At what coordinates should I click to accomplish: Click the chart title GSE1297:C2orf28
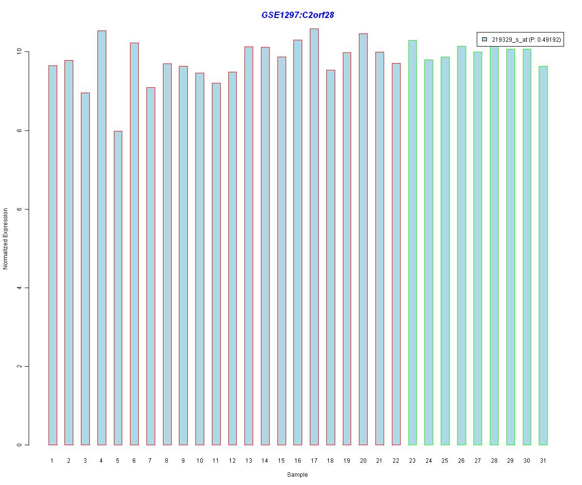click(x=297, y=15)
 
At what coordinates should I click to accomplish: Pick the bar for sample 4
click(x=101, y=238)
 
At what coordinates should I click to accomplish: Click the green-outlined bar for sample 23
click(x=412, y=242)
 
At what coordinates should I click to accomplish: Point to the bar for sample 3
click(x=85, y=269)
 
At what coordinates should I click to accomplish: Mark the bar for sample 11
click(x=216, y=264)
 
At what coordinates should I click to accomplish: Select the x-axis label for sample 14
click(x=265, y=461)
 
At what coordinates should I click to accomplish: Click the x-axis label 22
click(x=396, y=461)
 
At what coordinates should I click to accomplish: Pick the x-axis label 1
click(x=52, y=461)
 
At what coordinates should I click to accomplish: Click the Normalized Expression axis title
click(x=6, y=239)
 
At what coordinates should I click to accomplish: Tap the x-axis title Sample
click(x=297, y=475)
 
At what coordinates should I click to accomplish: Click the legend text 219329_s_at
click(x=510, y=40)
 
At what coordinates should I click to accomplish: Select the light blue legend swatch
click(x=485, y=40)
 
